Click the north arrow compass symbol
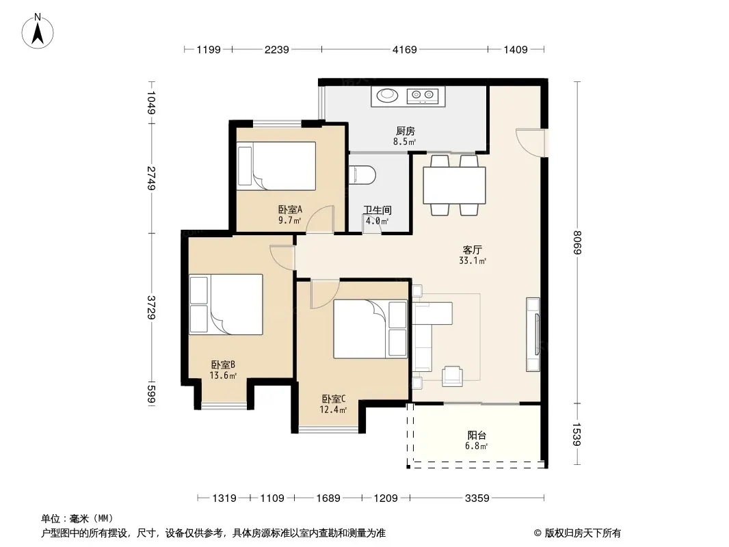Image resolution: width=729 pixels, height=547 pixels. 38,31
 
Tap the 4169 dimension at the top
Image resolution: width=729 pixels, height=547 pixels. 404,49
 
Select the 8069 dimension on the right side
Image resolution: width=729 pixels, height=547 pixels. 577,242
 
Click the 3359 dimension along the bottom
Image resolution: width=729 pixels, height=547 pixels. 477,498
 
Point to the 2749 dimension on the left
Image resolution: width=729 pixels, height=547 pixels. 151,178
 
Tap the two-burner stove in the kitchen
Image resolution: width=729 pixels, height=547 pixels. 423,96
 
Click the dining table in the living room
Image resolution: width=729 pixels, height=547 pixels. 454,185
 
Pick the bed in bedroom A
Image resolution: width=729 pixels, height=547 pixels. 276,166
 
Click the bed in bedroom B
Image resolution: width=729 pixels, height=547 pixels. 226,304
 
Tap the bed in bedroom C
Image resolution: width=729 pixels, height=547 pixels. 370,329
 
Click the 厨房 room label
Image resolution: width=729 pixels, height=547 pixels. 406,131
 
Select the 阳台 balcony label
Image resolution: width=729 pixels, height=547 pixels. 477,436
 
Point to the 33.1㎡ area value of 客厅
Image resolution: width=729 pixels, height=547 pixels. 473,261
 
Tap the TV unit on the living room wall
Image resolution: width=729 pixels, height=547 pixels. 533,334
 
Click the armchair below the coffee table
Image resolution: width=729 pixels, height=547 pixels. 452,376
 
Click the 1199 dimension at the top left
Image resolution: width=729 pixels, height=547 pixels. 209,49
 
